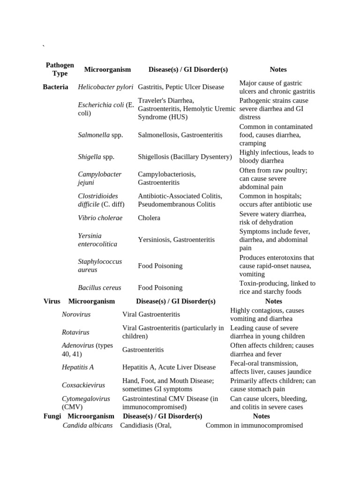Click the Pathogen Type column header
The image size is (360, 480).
(60, 69)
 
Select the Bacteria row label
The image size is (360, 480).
(55, 87)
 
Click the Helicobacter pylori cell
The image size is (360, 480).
(105, 87)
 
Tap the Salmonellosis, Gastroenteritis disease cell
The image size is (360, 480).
(180, 135)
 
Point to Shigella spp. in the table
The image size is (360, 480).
(96, 157)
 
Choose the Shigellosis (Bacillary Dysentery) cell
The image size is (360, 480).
(185, 157)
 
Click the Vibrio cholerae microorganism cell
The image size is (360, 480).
(100, 217)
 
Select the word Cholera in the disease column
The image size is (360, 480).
(149, 217)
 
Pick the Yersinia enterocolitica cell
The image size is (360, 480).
(97, 240)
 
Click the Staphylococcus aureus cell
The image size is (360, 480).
(100, 265)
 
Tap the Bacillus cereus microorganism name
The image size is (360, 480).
(99, 287)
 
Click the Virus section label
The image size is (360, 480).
(52, 301)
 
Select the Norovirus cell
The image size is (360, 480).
(76, 314)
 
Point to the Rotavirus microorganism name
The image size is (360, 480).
(75, 332)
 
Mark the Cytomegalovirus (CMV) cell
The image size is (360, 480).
(86, 403)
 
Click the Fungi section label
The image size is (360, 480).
(52, 416)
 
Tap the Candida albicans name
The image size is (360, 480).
(88, 425)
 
